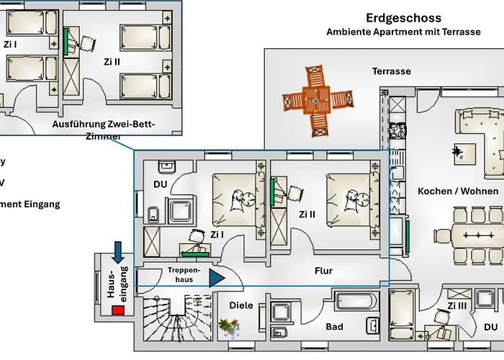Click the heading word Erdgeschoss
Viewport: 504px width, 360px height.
[403, 18]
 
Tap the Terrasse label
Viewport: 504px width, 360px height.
[391, 71]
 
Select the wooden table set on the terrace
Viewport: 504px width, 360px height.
[315, 102]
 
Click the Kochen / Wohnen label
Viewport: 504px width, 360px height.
[458, 191]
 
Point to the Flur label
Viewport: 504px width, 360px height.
[324, 271]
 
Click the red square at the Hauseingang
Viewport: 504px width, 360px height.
[117, 310]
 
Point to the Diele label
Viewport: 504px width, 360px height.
[240, 305]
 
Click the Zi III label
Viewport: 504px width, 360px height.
[457, 306]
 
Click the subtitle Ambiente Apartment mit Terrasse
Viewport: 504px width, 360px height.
[403, 32]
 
